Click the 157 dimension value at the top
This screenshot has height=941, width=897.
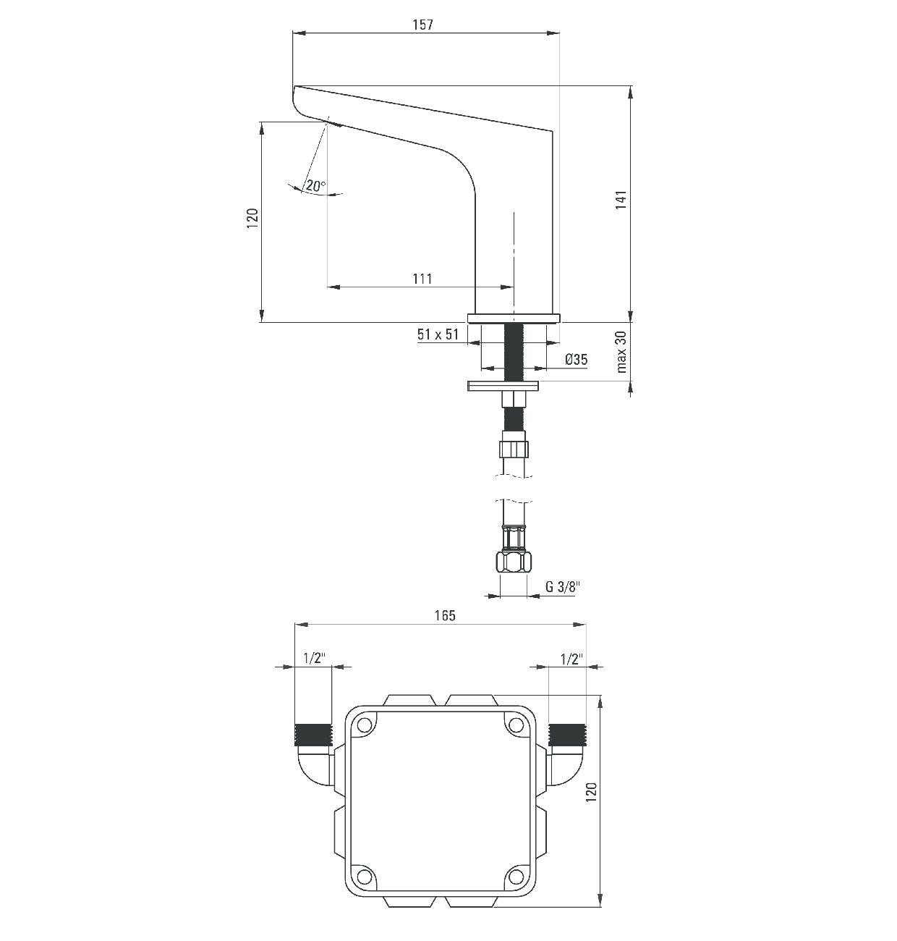pos(423,25)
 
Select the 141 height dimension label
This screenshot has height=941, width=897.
pos(621,199)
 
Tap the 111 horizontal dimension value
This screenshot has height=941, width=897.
pos(422,279)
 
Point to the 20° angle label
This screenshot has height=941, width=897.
pos(315,185)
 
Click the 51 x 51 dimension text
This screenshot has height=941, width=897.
pos(438,334)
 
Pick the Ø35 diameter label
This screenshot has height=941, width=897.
pos(576,359)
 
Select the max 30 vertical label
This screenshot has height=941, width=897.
pos(621,352)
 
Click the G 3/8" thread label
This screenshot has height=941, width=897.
pos(563,586)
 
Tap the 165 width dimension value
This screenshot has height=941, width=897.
pos(445,615)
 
